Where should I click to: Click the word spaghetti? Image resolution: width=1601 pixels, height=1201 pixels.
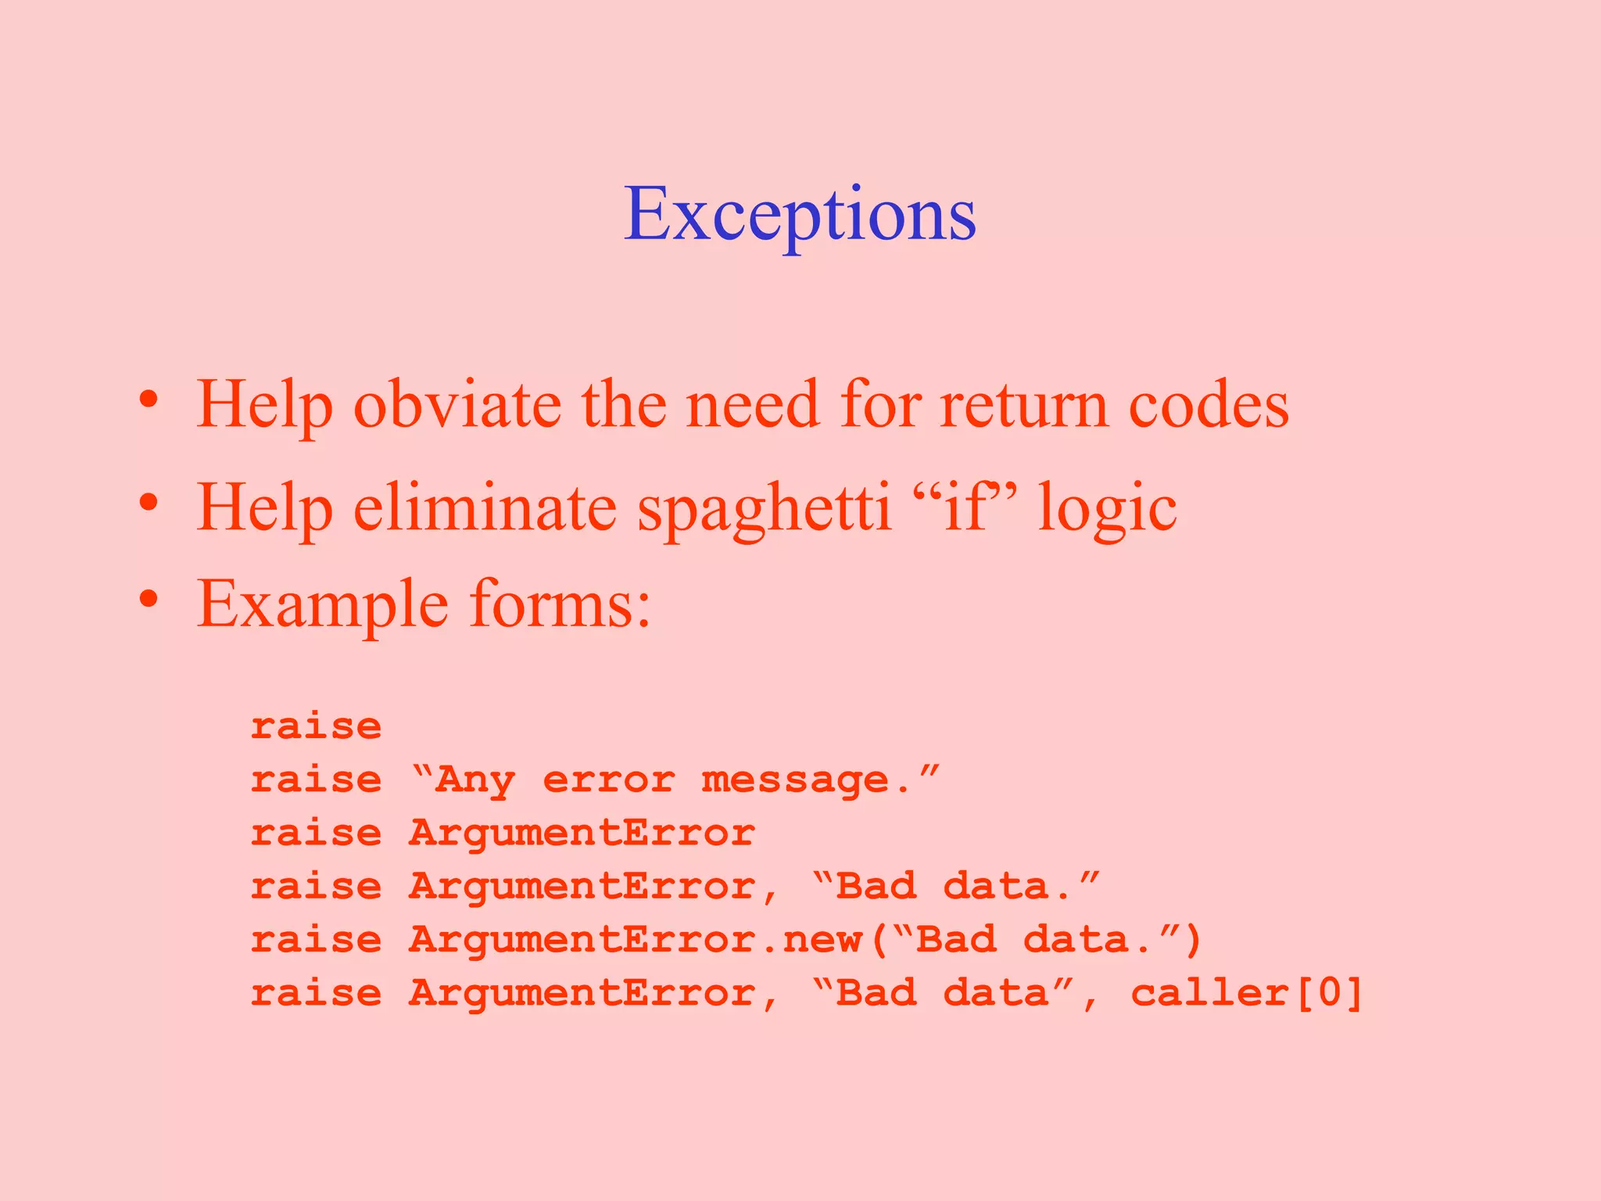click(764, 509)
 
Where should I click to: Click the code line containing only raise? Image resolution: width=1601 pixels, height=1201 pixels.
click(316, 726)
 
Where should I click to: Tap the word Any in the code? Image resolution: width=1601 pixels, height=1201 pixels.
click(475, 781)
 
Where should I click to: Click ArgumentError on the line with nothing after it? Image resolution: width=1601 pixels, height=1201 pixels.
click(582, 833)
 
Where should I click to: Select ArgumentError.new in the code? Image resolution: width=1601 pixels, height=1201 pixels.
click(635, 939)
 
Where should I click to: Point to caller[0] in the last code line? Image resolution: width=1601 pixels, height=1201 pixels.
click(1247, 993)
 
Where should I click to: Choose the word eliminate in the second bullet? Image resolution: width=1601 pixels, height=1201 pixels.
click(485, 507)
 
